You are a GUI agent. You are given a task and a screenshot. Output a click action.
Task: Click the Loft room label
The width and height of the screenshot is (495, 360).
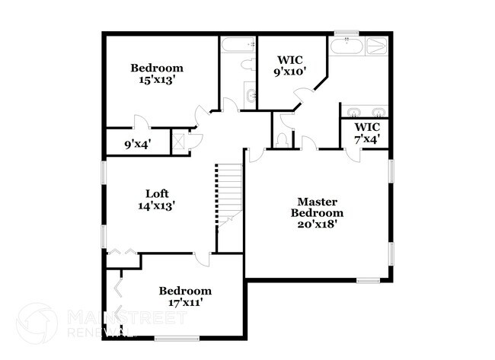point(157,193)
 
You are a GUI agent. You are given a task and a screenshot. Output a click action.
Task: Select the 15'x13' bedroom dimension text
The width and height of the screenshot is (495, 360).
point(157,79)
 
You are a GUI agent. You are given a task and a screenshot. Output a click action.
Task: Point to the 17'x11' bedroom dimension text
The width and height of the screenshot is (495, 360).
point(185,303)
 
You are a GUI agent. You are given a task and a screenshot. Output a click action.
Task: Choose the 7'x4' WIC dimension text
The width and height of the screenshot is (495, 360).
point(368,139)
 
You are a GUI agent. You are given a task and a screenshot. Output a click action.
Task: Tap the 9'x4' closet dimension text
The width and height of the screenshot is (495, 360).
point(138,142)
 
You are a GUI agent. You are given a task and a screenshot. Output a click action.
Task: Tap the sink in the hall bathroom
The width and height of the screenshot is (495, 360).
point(251,96)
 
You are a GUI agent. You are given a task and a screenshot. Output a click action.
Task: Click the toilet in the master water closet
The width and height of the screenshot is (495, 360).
point(283,139)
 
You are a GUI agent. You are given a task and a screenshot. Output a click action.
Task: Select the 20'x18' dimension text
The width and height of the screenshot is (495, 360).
point(317,224)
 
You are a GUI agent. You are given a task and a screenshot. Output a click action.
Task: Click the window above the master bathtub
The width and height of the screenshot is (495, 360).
point(347,33)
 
